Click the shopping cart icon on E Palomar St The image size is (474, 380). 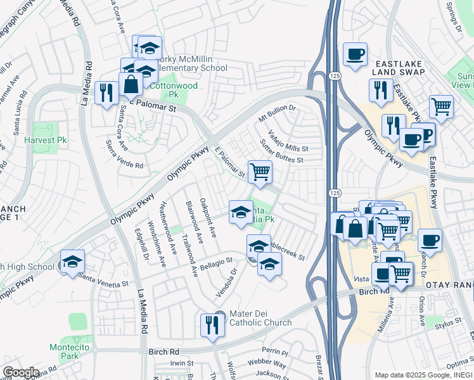[260, 172]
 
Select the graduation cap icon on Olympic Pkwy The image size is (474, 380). [72, 262]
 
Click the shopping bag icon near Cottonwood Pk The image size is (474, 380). [131, 84]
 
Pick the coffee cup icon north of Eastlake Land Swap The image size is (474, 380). [355, 54]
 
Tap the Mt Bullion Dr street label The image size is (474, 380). [277, 113]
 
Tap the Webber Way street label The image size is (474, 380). [267, 364]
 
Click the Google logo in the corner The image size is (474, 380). [21, 372]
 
